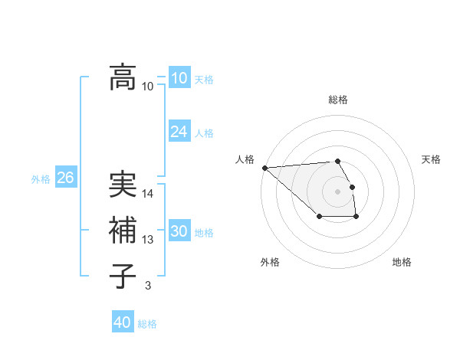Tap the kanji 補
click(123, 230)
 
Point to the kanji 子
click(123, 275)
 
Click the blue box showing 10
click(179, 78)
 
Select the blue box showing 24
click(179, 132)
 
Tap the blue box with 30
click(179, 231)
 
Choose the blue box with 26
click(65, 178)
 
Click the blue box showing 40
click(122, 322)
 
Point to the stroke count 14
click(148, 194)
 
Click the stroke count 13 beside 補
click(148, 240)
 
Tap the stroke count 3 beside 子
click(148, 286)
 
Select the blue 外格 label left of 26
click(41, 179)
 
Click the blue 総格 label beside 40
click(147, 324)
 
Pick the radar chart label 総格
click(337, 100)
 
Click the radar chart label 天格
click(432, 159)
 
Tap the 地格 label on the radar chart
click(402, 262)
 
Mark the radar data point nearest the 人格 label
click(264, 168)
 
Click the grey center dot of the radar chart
click(337, 191)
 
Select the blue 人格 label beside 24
click(204, 133)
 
